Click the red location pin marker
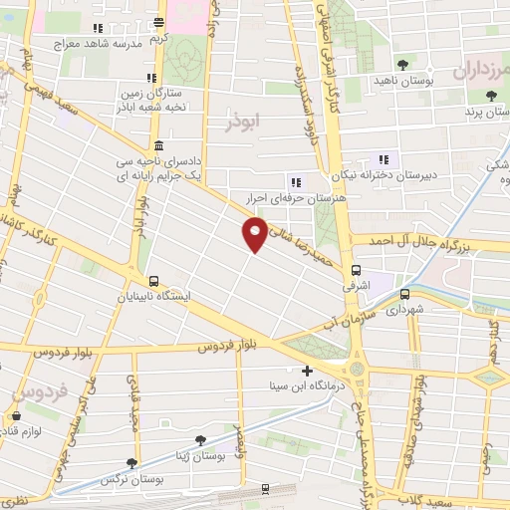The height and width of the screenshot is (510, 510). [255, 233]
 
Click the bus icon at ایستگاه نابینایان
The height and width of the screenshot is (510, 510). [153, 282]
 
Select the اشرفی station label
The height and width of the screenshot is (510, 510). [357, 285]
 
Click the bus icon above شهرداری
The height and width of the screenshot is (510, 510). [404, 294]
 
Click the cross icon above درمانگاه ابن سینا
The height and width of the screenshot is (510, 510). [307, 371]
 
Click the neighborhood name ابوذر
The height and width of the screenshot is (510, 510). [242, 122]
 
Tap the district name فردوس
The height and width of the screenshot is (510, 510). [42, 392]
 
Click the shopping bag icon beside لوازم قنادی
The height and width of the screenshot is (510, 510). [16, 416]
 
